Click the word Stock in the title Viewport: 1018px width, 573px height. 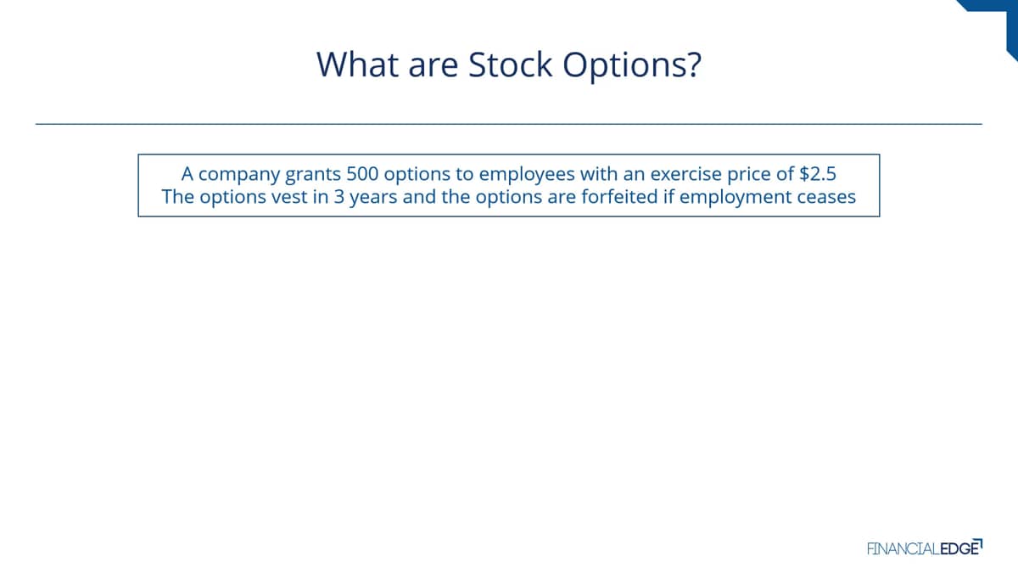click(510, 65)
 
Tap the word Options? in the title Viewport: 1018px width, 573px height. click(632, 66)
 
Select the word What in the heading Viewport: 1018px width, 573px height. click(358, 65)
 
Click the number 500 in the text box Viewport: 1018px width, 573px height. click(362, 174)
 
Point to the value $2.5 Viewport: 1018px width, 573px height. click(818, 174)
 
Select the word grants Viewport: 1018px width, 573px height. click(313, 175)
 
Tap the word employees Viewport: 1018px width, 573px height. click(526, 175)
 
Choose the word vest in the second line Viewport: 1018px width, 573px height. click(289, 197)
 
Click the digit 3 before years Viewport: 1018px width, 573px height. click(339, 197)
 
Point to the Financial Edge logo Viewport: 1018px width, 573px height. click(925, 548)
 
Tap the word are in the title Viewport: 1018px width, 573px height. click(433, 68)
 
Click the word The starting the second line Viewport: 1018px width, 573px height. click(177, 197)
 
